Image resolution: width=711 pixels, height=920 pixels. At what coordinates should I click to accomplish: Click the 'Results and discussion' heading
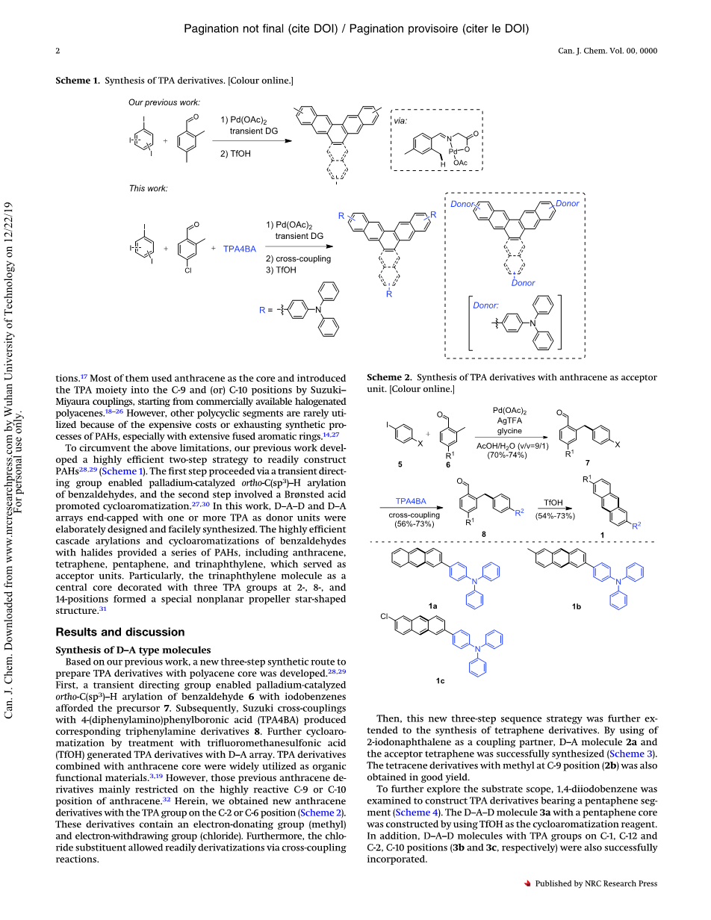[120, 632]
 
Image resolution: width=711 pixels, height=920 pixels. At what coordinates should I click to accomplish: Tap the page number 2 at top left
[58, 51]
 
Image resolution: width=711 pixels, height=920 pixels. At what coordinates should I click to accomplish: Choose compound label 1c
[440, 681]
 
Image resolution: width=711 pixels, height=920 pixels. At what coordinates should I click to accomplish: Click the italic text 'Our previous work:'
[164, 102]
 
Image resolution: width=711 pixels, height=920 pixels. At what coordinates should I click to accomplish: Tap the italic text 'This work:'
[148, 188]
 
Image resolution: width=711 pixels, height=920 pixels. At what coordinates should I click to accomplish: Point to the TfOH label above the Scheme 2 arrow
[553, 482]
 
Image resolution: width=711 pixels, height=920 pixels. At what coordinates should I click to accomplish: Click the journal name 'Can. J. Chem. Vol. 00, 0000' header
[607, 51]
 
